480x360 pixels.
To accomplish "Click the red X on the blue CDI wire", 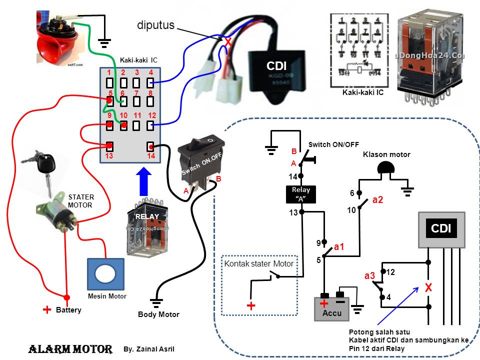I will point(228,42).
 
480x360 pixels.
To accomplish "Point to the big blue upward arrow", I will point(143,183).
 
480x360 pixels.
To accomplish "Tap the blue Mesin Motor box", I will point(105,274).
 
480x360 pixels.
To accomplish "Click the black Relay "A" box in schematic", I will point(301,194).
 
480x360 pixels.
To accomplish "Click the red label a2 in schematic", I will point(377,200).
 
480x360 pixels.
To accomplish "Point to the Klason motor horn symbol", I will point(385,169).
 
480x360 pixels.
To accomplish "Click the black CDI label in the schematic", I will point(441,228).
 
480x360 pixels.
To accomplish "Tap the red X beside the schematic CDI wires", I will point(428,288).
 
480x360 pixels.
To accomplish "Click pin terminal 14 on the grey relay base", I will point(150,146).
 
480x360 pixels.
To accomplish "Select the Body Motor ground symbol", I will point(157,302).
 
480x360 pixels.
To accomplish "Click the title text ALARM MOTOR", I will point(70,349).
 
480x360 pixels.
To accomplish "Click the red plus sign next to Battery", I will point(47,309).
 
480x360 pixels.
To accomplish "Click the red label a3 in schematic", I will point(369,276).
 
